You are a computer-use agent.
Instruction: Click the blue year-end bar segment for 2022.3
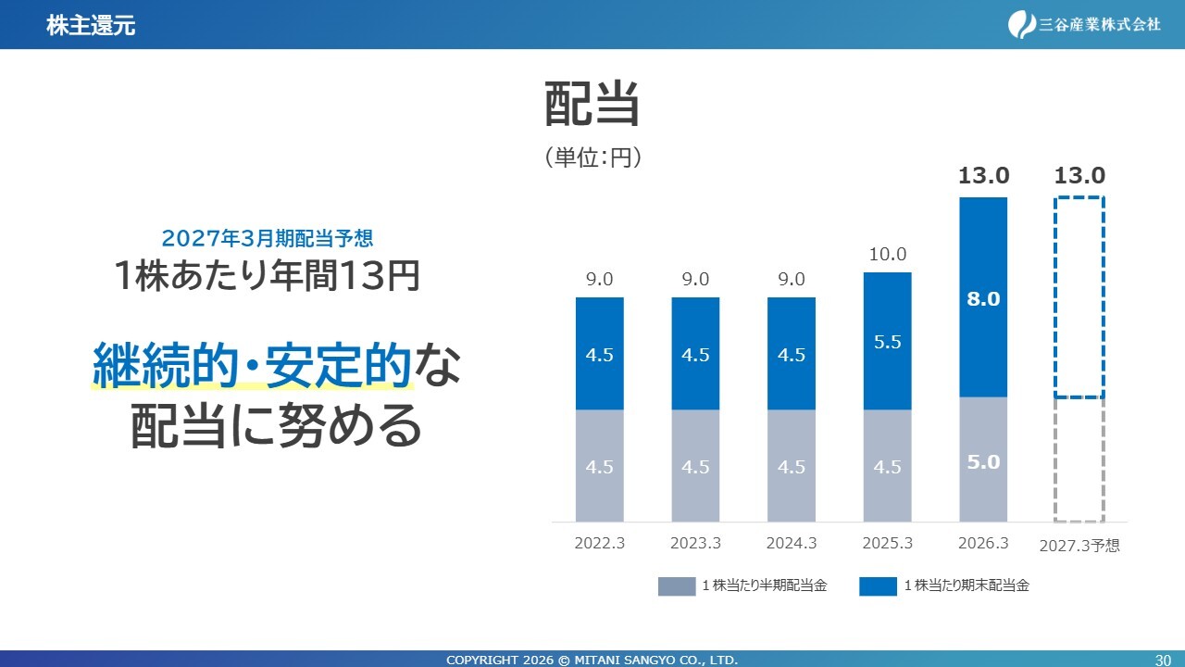[x=599, y=353]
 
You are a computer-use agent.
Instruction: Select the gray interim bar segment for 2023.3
[x=695, y=466]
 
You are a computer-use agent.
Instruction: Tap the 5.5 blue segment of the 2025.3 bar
[x=887, y=341]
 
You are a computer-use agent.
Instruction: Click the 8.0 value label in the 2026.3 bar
[x=983, y=299]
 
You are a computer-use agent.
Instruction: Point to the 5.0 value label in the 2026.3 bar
[x=983, y=462]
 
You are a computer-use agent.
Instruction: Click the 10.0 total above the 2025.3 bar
[x=887, y=254]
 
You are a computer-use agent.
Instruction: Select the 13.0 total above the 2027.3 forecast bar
[x=1079, y=175]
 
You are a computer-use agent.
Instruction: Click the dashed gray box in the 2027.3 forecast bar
[x=1054, y=459]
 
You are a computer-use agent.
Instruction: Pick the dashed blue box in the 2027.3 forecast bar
[x=1054, y=297]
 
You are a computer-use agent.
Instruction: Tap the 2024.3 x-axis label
[x=792, y=543]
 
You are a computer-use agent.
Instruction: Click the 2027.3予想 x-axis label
[x=1079, y=546]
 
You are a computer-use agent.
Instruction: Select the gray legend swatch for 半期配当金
[x=677, y=586]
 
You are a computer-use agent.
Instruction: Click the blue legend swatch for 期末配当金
[x=878, y=586]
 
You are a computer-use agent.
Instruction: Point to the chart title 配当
[x=592, y=104]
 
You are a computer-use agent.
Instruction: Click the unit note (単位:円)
[x=593, y=157]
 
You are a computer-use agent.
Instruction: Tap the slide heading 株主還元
[x=91, y=25]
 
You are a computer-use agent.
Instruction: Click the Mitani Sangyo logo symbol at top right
[x=1021, y=24]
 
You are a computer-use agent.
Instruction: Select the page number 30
[x=1163, y=661]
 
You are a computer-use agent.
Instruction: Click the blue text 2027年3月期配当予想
[x=268, y=239]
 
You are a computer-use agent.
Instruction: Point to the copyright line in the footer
[x=592, y=661]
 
